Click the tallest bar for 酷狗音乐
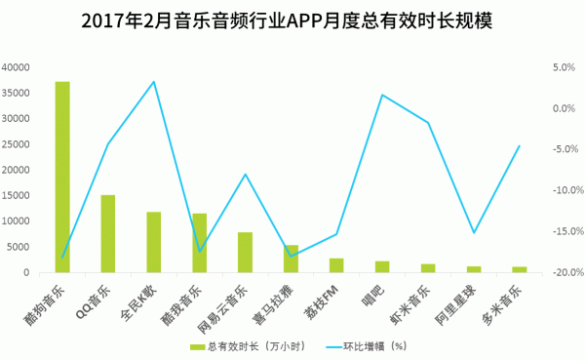(x=62, y=176)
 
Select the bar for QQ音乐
(x=108, y=234)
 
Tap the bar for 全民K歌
(x=154, y=242)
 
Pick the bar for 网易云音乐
(x=246, y=252)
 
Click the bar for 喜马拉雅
(x=291, y=259)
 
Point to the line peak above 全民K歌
(x=154, y=81)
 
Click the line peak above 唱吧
(x=382, y=95)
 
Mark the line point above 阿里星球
(x=474, y=233)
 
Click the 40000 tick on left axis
(x=17, y=67)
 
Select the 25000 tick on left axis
(x=17, y=144)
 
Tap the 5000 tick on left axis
(x=19, y=247)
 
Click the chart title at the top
(x=292, y=20)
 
